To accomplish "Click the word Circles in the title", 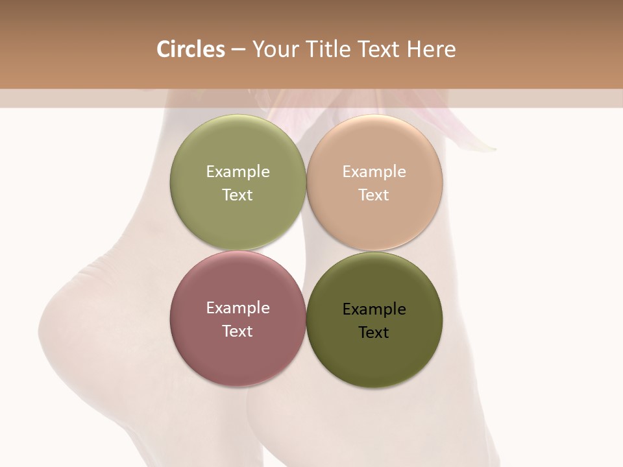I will (190, 49).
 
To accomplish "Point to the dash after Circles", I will (238, 50).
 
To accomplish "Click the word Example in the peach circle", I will (374, 172).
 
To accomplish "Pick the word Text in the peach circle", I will (374, 195).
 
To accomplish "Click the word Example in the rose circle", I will (238, 308).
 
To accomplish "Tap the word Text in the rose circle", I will (238, 331).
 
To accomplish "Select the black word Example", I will (374, 309).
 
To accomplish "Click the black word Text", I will (374, 332).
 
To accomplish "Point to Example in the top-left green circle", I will (238, 172).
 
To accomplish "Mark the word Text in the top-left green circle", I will (238, 195).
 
